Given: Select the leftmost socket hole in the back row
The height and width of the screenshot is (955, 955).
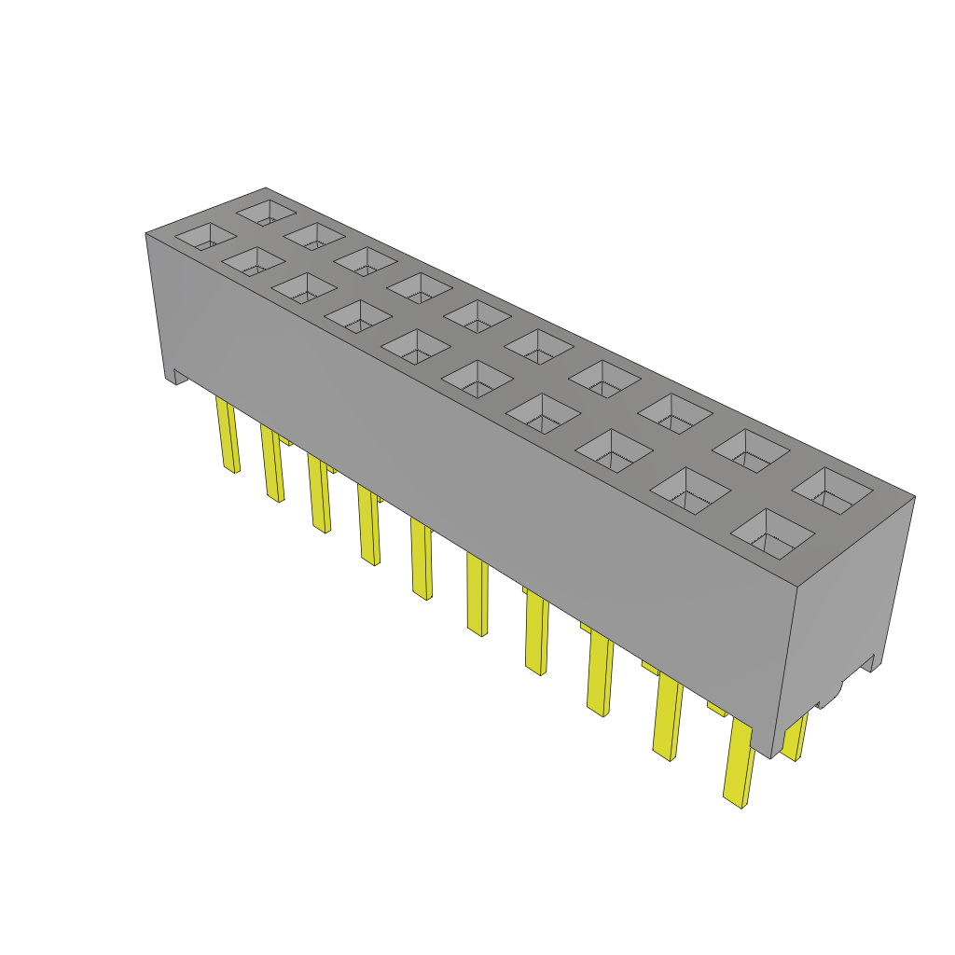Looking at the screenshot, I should (x=267, y=212).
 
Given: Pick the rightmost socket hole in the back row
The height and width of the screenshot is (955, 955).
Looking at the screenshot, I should (x=833, y=491).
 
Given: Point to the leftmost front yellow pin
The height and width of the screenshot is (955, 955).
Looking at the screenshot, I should (x=227, y=434).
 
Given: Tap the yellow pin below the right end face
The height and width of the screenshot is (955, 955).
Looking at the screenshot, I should (x=795, y=738).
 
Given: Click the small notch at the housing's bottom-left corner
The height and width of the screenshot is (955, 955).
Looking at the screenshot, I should (x=176, y=378).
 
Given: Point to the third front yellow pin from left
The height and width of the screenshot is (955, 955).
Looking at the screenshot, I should (x=319, y=493).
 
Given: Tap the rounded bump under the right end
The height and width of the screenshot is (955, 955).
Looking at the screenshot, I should (x=828, y=695).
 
